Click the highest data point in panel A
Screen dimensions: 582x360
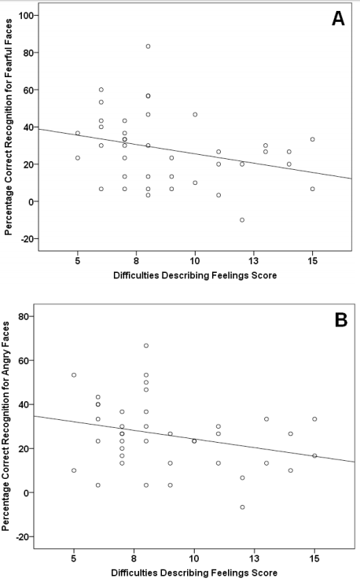(x=148, y=46)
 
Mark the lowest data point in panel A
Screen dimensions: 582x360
(x=242, y=220)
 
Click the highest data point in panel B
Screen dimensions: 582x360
(x=146, y=345)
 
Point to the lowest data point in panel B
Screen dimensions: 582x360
(x=242, y=507)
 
